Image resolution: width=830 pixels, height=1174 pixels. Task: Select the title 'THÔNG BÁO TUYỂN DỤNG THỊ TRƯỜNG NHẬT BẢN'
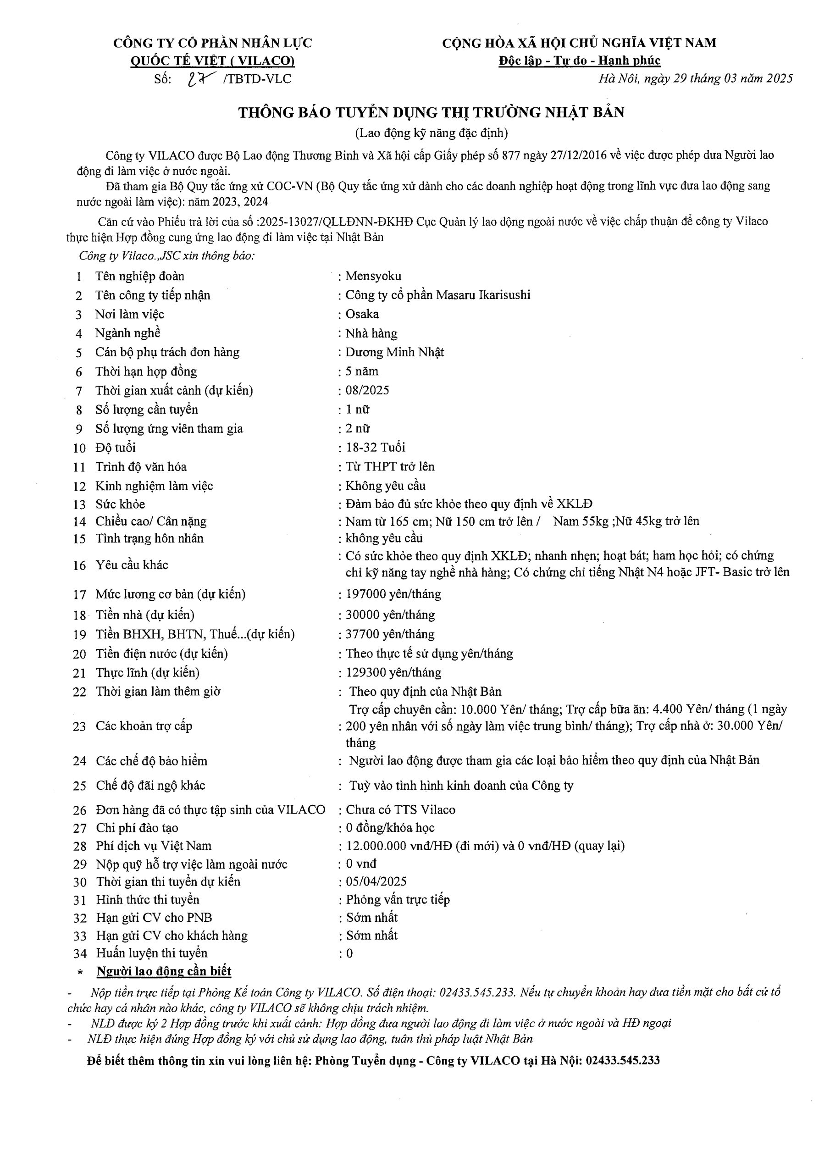tap(431, 112)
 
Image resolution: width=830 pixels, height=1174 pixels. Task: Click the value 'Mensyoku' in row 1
tap(373, 276)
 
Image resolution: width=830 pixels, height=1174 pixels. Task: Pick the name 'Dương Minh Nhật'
tap(394, 352)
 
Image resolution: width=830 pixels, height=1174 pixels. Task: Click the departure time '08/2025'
tap(367, 390)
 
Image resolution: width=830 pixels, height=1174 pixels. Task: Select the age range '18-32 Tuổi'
tap(376, 448)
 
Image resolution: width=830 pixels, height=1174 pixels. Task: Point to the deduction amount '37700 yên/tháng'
tap(390, 634)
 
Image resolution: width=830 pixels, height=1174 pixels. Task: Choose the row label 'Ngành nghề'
tap(128, 333)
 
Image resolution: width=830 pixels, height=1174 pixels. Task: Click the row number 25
tap(80, 786)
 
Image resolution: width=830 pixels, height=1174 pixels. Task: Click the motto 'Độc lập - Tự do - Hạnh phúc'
tap(580, 61)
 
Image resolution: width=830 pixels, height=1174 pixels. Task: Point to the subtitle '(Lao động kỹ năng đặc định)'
tap(431, 133)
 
